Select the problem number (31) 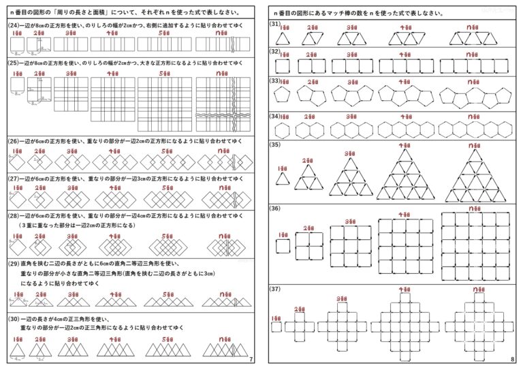click(x=275, y=24)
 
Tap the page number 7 click(x=252, y=359)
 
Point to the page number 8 click(x=511, y=359)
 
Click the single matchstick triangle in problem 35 click(x=282, y=179)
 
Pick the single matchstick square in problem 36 click(x=282, y=245)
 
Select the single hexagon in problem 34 click(x=281, y=129)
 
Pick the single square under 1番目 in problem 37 click(x=276, y=326)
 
